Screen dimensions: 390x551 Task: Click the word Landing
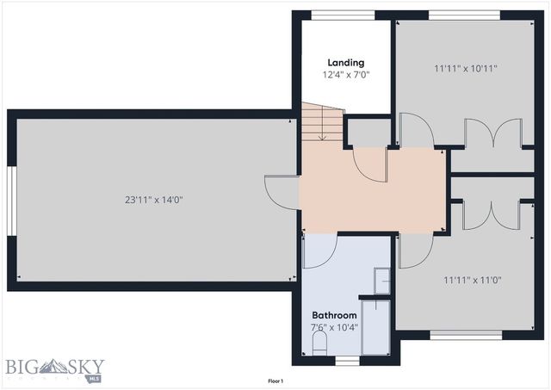(x=345, y=62)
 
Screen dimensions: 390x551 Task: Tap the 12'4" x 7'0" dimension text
(x=345, y=75)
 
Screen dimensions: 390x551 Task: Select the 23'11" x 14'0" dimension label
(x=154, y=200)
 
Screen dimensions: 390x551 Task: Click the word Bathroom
(x=334, y=315)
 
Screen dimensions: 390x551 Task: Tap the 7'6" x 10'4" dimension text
(x=334, y=328)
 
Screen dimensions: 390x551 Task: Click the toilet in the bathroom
(x=319, y=345)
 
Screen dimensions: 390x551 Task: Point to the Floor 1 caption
(x=275, y=381)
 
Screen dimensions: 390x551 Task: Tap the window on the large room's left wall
(x=11, y=200)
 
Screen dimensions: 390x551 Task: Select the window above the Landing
(x=342, y=15)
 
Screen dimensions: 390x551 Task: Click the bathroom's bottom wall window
(x=347, y=361)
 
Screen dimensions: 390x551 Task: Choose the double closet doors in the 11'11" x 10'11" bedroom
(x=492, y=135)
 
